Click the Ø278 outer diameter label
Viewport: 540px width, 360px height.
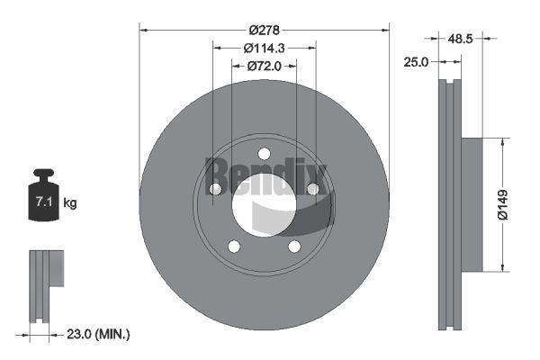[x=264, y=31]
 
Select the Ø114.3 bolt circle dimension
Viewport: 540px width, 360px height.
[x=264, y=49]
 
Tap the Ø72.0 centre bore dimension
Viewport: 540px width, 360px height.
[x=264, y=66]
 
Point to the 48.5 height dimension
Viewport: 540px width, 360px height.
[x=460, y=39]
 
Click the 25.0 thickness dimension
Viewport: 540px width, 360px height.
[x=416, y=62]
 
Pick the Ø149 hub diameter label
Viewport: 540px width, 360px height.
[x=502, y=204]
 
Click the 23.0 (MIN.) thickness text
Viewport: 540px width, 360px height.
[x=98, y=334]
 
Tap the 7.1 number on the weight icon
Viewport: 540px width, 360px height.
[x=44, y=202]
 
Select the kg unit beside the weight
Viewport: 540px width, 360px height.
[x=70, y=203]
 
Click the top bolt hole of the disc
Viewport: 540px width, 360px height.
[x=264, y=154]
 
